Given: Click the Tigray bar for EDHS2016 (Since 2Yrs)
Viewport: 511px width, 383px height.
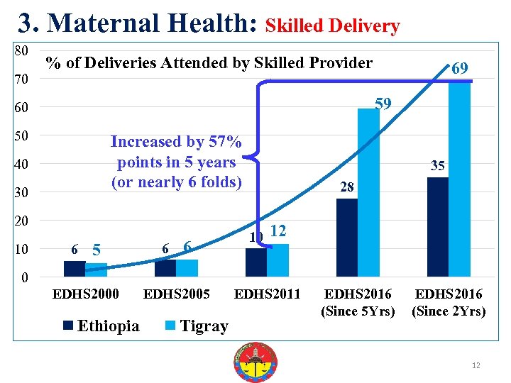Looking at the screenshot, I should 459,177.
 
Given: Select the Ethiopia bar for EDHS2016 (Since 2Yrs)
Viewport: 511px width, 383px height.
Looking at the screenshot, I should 438,227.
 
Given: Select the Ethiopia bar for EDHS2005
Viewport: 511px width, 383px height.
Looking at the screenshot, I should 165,268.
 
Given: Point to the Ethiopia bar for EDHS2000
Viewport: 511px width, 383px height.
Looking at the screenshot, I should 75,269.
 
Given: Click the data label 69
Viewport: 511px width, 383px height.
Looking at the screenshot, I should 459,69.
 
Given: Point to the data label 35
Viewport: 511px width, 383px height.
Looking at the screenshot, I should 438,166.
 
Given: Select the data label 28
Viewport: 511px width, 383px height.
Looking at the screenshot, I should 346,187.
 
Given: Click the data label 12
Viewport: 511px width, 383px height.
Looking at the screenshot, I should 278,231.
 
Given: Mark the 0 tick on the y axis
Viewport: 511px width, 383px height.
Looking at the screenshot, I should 25,277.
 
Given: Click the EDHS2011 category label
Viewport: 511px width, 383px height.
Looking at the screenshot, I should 268,294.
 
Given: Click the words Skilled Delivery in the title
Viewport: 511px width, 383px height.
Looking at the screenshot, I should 332,27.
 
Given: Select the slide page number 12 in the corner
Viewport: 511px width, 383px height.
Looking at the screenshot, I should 476,365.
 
